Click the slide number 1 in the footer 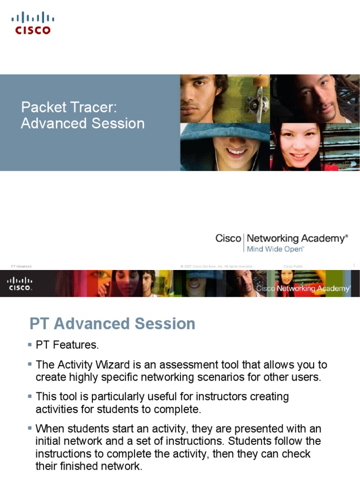pos(354,266)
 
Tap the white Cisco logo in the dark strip pos(20,284)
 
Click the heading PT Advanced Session pos(112,323)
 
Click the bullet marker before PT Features pos(30,345)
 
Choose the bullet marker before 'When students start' pos(30,428)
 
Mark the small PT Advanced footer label pos(22,266)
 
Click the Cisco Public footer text pos(293,266)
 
